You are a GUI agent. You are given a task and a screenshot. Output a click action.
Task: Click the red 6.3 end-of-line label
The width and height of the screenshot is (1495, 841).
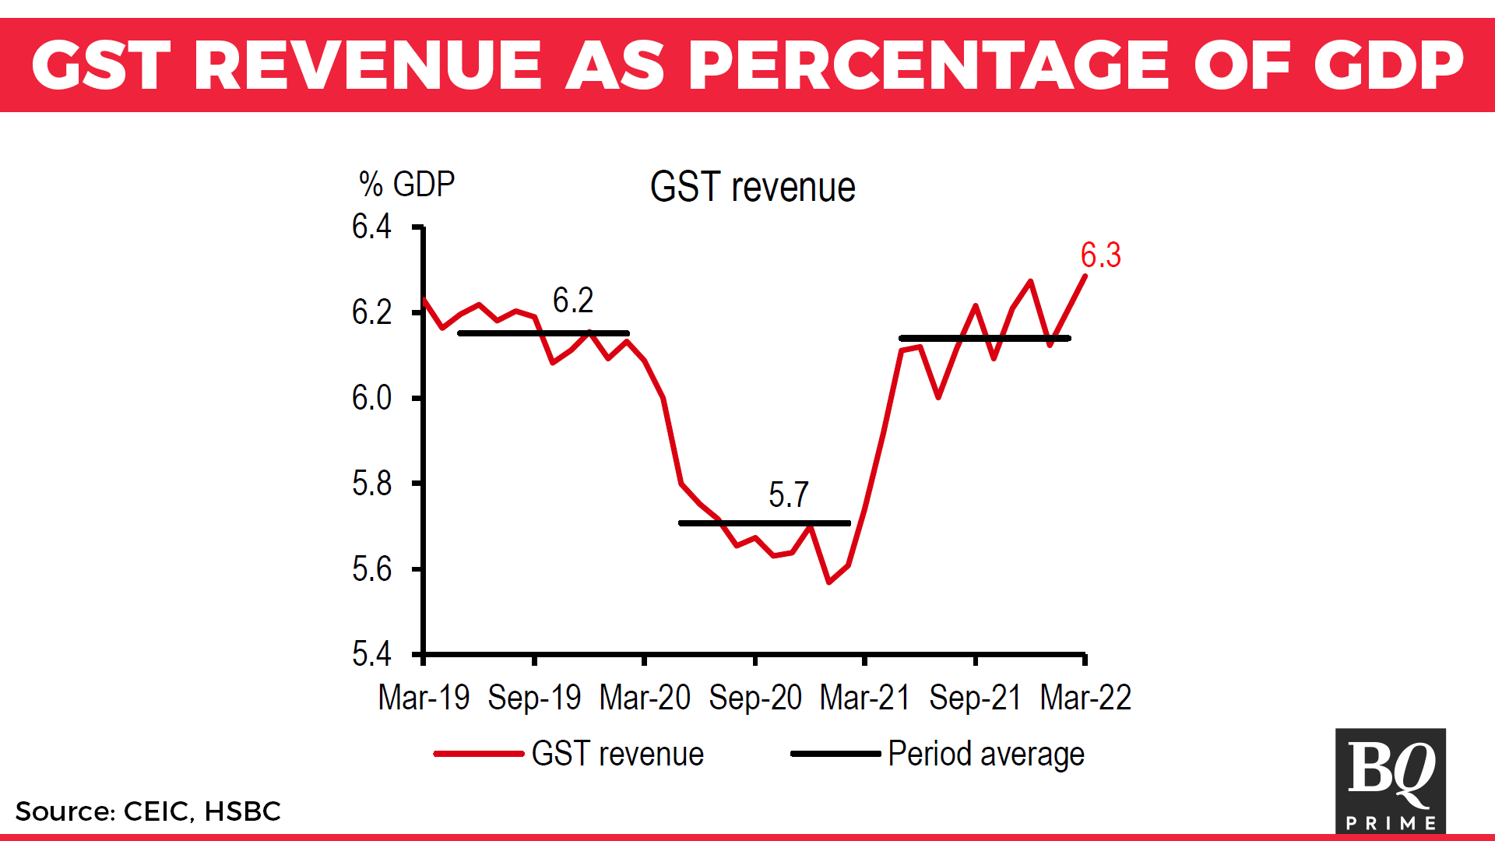(1100, 255)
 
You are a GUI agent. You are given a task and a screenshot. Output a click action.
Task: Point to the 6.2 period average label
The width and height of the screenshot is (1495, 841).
(573, 301)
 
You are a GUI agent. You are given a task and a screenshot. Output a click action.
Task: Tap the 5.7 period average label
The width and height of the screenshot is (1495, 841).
(788, 494)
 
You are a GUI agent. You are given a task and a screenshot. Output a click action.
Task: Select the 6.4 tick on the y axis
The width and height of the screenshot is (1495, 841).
(371, 227)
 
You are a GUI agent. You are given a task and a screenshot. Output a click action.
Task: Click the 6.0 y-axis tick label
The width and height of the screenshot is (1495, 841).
(371, 398)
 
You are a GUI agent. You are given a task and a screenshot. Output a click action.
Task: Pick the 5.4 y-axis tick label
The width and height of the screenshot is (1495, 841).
(371, 654)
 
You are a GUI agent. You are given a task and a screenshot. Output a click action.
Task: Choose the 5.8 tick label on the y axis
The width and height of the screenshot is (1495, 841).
(371, 484)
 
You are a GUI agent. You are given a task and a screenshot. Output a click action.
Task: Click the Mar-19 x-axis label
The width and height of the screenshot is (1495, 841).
(424, 698)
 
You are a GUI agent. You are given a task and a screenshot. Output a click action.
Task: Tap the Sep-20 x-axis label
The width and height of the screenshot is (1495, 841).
(755, 698)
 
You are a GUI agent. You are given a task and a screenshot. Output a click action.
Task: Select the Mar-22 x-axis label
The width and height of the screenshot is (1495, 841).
(1085, 698)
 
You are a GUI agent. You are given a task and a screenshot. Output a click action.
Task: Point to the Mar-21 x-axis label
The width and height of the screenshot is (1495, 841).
(864, 698)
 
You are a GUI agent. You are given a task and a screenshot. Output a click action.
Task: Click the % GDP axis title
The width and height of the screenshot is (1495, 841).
(406, 185)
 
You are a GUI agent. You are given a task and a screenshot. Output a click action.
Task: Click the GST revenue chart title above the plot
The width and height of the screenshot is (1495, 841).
(752, 188)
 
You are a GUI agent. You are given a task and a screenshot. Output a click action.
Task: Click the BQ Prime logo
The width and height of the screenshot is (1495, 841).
(1390, 780)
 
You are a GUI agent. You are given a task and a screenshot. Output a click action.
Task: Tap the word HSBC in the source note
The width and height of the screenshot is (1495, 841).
(242, 811)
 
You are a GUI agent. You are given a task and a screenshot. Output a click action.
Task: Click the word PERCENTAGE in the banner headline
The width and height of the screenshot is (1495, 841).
(928, 65)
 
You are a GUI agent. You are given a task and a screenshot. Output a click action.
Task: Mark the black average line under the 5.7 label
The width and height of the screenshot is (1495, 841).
(764, 523)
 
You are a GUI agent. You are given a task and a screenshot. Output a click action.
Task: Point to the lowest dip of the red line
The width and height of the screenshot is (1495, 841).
(828, 582)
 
